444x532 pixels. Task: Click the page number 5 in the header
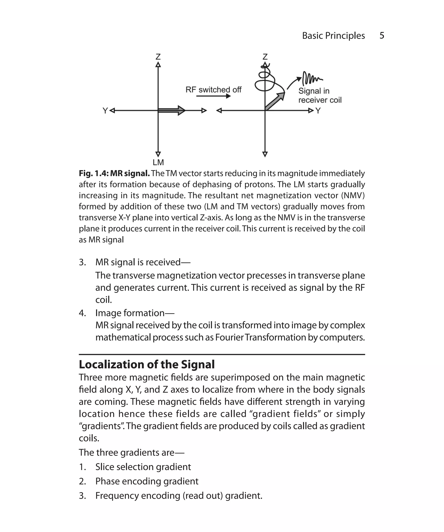point(382,35)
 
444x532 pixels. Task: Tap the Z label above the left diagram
point(158,56)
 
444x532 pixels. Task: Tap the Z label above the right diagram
point(265,56)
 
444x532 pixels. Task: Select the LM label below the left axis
point(158,162)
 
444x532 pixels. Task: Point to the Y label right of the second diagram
point(318,111)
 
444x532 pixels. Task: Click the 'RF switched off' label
point(213,90)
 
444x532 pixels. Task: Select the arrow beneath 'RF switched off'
point(213,96)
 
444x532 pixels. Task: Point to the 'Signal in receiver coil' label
point(320,95)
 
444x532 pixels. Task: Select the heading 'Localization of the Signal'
point(147,364)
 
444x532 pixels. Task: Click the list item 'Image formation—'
point(135,313)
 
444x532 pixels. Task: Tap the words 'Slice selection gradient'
point(143,467)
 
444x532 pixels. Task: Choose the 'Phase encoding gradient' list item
point(147,481)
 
